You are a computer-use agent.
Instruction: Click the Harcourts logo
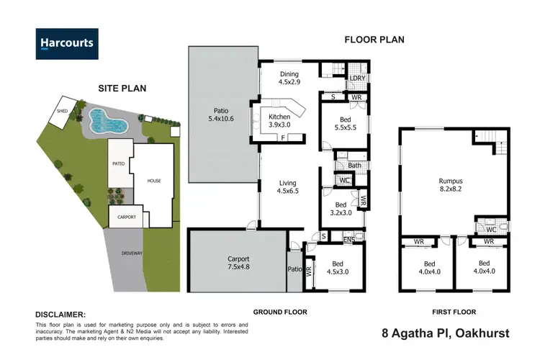point(66,42)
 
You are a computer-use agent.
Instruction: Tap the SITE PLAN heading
point(122,89)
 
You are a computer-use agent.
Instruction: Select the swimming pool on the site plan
point(108,122)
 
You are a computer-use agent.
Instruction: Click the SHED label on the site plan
point(63,111)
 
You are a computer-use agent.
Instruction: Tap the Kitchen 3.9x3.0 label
point(279,121)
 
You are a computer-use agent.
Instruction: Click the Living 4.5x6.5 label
point(288,187)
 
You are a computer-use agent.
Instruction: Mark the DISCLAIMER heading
point(60,315)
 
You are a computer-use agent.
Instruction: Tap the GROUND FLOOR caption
point(280,312)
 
